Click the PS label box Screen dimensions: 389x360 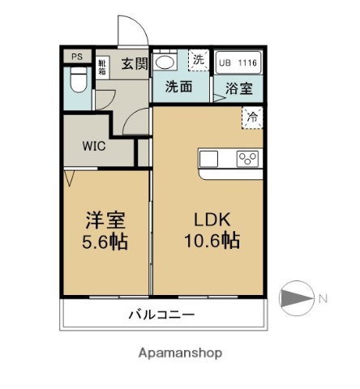point(77,57)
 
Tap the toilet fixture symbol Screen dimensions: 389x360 point(78,81)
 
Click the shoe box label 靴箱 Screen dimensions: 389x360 point(103,65)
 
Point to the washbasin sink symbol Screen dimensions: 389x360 point(165,62)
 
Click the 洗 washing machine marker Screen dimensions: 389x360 point(199,58)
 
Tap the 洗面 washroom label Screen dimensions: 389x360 point(178,88)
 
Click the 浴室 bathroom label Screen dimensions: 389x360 point(238,88)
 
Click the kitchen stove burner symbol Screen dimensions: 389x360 point(247,159)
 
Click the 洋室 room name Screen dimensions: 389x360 point(105,220)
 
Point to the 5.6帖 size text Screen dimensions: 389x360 point(105,242)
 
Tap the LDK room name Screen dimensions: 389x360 point(212,220)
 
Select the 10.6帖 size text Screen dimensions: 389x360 point(212,242)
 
